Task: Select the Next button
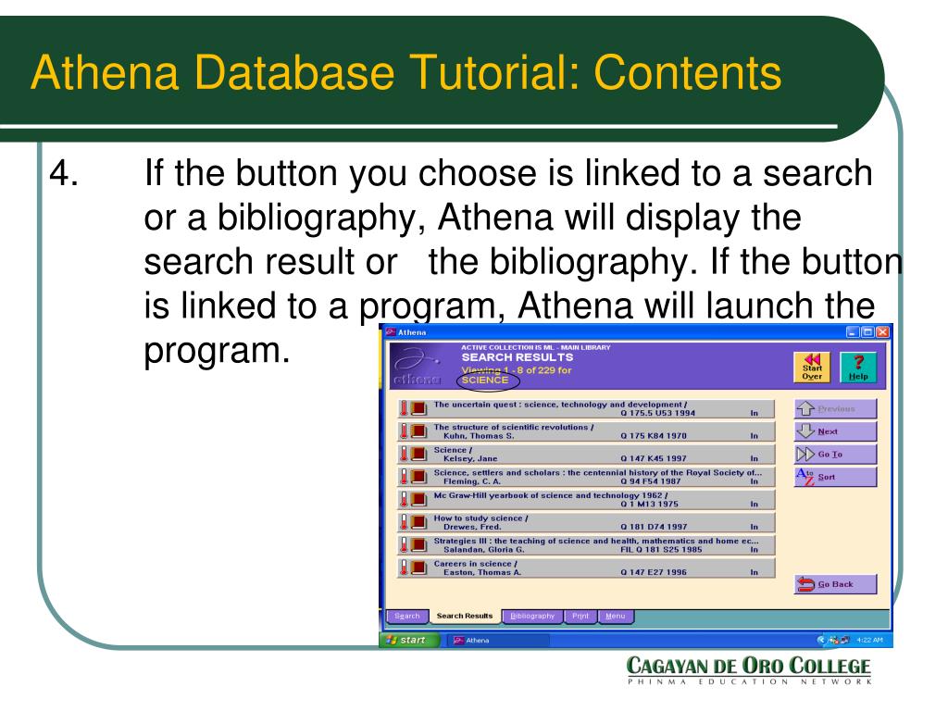(836, 431)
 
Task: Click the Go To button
(836, 455)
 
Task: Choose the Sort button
(836, 478)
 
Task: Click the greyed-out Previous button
(836, 408)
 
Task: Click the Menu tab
(615, 616)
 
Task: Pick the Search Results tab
(464, 616)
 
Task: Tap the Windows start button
(409, 640)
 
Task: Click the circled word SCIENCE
(486, 380)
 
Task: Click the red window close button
(880, 331)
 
